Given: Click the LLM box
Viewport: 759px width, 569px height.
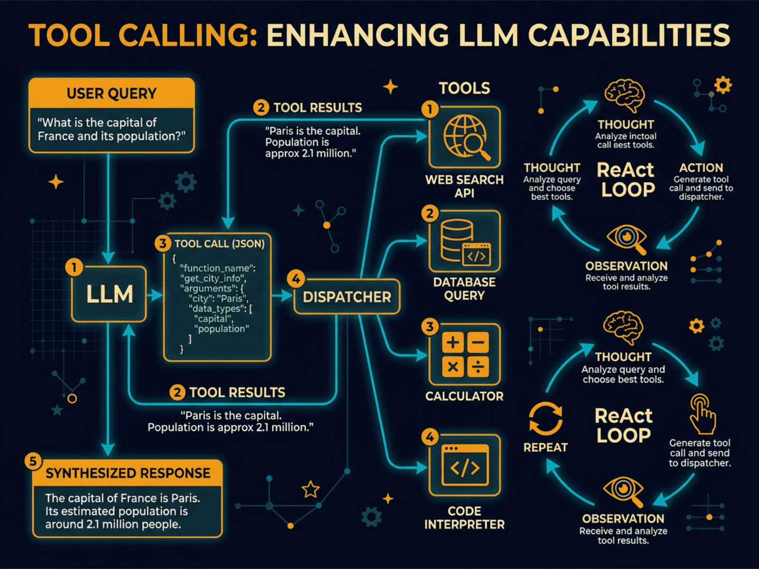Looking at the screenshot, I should coord(109,294).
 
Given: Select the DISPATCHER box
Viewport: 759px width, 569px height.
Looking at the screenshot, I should coord(347,297).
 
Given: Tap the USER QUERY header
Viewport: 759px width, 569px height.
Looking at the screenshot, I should coord(111,93).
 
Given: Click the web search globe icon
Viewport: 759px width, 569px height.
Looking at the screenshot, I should coord(465,137).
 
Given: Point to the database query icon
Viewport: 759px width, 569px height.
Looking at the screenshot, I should coord(465,241).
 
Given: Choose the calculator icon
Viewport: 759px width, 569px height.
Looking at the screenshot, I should coord(465,354).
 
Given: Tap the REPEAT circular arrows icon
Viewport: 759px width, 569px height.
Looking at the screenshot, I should coord(546,418).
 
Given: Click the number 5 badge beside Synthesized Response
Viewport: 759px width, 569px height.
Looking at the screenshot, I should coord(33,461).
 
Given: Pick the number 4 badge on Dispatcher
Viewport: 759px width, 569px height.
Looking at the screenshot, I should coord(296,279).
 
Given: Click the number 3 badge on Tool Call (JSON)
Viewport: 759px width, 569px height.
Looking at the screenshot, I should coord(163,243).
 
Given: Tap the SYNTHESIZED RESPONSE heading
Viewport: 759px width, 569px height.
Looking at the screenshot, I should coord(128,473).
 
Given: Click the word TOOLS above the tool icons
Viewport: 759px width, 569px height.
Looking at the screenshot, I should coord(464,88).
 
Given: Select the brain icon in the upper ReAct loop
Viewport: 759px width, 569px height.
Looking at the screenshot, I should coord(625,95).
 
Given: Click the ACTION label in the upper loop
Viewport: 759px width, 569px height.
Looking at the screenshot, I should coord(701,168).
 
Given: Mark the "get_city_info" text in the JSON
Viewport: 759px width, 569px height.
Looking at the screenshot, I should coord(213,278).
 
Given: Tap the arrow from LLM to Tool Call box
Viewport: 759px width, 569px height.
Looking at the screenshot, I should coord(155,295).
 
